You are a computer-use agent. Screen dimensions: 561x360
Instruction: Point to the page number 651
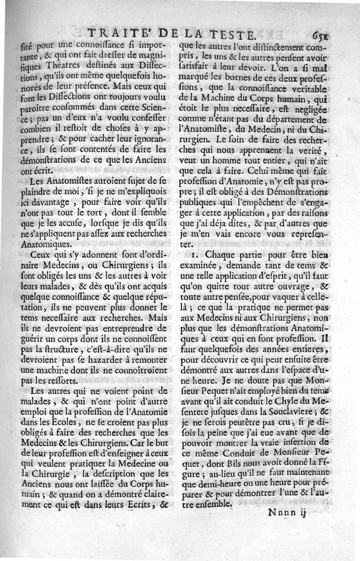coord(322,34)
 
